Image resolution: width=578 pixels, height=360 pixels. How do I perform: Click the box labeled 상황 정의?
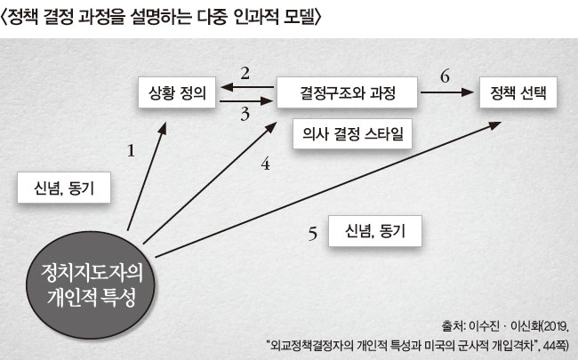coord(177,92)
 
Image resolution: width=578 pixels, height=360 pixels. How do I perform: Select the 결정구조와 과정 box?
coord(347,92)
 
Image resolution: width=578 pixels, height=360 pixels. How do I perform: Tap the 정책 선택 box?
coord(518,92)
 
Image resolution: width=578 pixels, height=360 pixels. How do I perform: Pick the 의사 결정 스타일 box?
coord(352,133)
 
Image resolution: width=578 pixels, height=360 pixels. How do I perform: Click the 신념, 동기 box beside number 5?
coord(375,231)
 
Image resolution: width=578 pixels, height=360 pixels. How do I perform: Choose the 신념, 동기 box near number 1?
coord(64,188)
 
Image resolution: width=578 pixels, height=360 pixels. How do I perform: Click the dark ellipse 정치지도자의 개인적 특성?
coord(91,284)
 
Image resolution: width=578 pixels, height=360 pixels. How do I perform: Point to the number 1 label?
coord(131,151)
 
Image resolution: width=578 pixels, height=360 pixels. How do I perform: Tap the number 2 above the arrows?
coord(245,73)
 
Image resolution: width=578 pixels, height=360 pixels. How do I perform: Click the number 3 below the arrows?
coord(245,115)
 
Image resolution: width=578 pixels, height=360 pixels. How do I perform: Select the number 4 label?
coord(265,164)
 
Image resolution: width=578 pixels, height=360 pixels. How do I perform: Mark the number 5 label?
coord(313,234)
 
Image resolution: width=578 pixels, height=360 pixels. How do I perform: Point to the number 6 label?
coord(445,76)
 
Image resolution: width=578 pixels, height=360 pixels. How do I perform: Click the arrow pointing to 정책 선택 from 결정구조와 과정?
coord(446,92)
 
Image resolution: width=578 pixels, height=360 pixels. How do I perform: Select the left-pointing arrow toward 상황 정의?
coord(247,87)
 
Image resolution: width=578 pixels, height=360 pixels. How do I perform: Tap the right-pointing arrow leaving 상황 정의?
coord(246,100)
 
